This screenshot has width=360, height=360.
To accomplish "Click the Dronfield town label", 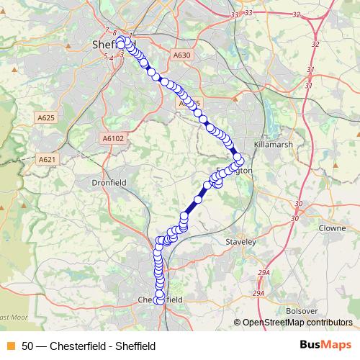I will [109, 183].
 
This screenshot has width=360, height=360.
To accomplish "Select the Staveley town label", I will [240, 243].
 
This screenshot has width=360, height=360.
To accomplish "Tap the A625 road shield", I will [44, 117].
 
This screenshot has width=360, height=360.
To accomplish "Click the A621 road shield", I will [48, 159].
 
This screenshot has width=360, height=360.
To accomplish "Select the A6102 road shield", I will [113, 139].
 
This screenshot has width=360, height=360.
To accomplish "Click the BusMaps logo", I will [325, 345].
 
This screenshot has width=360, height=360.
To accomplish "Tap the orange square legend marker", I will [10, 346].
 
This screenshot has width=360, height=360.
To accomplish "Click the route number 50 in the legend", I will [28, 346].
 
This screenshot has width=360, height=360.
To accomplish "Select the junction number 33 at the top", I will [248, 13].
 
